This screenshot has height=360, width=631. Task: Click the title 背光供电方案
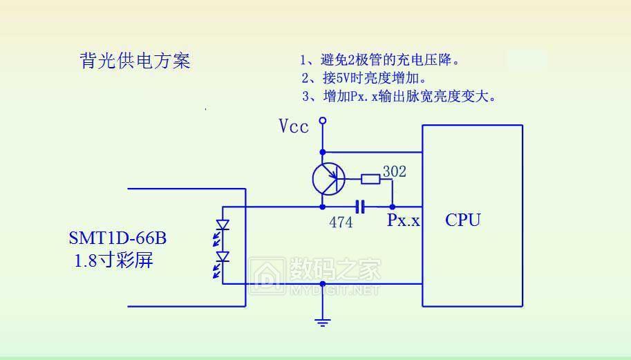coord(135,61)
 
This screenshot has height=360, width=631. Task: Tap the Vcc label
coord(294,126)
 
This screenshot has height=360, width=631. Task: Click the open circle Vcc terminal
coord(321,122)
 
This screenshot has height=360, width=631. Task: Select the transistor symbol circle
coord(328,179)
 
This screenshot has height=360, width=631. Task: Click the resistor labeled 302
coord(370,180)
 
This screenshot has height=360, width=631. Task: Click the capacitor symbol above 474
coord(359,207)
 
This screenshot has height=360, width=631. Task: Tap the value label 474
coord(340,222)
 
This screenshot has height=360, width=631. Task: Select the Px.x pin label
coord(403,221)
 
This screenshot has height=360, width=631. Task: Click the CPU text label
coord(462,220)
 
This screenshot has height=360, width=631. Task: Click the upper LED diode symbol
coord(223,225)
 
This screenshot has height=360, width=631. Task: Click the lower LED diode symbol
coord(223,258)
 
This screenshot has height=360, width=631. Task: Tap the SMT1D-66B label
coord(117,238)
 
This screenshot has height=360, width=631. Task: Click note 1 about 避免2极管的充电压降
coord(380,60)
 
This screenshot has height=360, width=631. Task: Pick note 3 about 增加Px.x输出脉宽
coord(399,96)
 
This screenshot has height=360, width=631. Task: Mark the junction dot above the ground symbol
coord(322,283)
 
